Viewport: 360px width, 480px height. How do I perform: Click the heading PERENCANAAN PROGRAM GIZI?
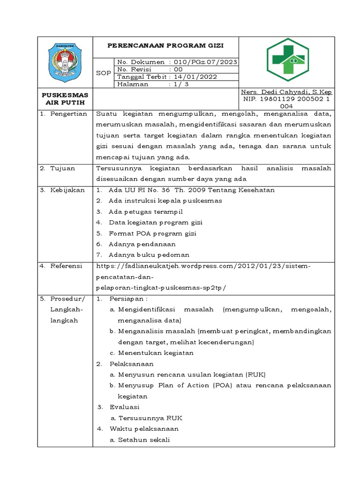[x=166, y=45]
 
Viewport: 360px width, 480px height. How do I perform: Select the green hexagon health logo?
[x=288, y=60]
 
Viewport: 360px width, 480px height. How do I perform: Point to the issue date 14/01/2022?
[x=194, y=77]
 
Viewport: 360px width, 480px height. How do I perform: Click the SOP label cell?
[x=103, y=73]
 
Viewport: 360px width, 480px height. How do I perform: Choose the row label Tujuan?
[x=63, y=167]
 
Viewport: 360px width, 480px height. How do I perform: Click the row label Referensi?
[x=67, y=266]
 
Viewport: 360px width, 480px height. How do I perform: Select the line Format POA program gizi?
[x=152, y=233]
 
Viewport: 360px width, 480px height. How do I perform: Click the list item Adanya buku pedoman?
[x=149, y=255]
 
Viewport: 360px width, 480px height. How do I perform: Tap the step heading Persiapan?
[x=129, y=299]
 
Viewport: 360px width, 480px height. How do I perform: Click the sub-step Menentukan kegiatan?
[x=156, y=353]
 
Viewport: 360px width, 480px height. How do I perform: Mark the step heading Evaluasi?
[x=124, y=407]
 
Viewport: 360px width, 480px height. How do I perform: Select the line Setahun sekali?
[x=143, y=440]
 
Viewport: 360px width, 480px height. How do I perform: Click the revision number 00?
[x=179, y=69]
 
